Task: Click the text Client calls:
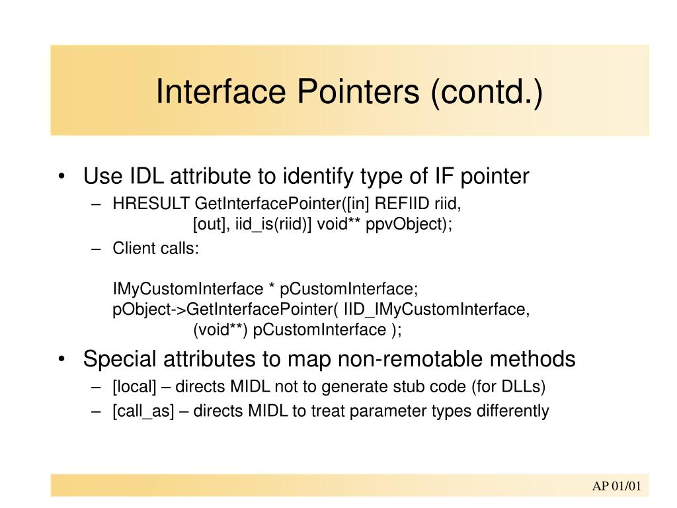pos(155,249)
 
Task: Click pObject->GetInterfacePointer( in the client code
pos(225,309)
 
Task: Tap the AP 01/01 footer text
pos(616,487)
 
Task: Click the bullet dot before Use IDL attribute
pos(61,177)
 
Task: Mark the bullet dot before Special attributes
pos(61,360)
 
